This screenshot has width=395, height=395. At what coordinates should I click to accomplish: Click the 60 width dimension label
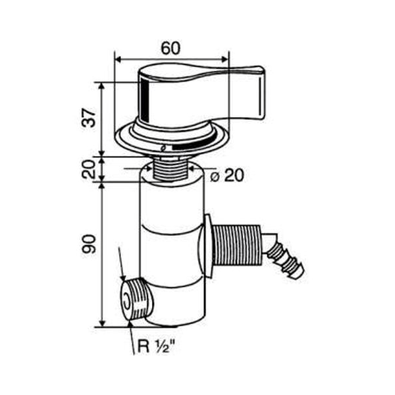(x=171, y=48)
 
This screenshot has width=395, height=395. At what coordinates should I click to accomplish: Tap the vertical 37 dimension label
(x=89, y=118)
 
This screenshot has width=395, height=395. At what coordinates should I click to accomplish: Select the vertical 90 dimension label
(x=89, y=244)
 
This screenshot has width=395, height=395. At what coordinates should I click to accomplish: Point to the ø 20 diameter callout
(x=227, y=175)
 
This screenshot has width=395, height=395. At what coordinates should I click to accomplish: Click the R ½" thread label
(x=156, y=346)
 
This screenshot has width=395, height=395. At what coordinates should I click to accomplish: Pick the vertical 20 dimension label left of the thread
(x=89, y=169)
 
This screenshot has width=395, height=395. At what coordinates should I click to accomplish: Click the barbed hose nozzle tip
(x=300, y=273)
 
